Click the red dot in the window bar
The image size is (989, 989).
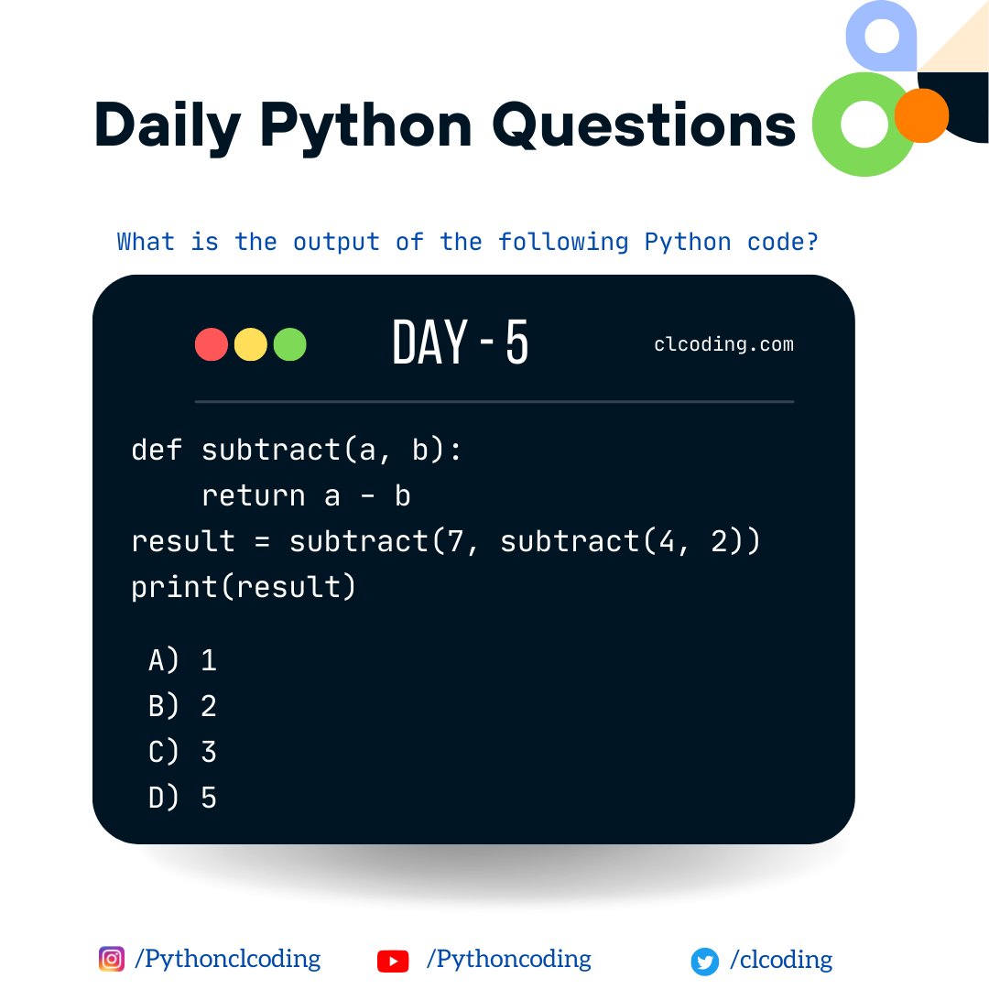pos(212,344)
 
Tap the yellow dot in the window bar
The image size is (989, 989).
pos(251,344)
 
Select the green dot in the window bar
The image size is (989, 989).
pos(290,344)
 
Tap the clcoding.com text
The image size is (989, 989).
pos(723,345)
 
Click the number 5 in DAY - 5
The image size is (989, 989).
pos(516,343)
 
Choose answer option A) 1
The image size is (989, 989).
pos(182,660)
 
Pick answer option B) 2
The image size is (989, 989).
pos(182,706)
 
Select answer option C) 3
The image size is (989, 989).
pos(182,752)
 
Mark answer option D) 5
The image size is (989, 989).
pos(182,798)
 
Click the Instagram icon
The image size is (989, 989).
pos(111,959)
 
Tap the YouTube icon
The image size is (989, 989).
pos(393,961)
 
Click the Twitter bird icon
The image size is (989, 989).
pos(704,962)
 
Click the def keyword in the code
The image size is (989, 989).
pos(157,450)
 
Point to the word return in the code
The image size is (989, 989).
pos(254,495)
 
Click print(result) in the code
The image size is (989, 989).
pos(244,587)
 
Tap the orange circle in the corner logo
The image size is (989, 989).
pos(920,115)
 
